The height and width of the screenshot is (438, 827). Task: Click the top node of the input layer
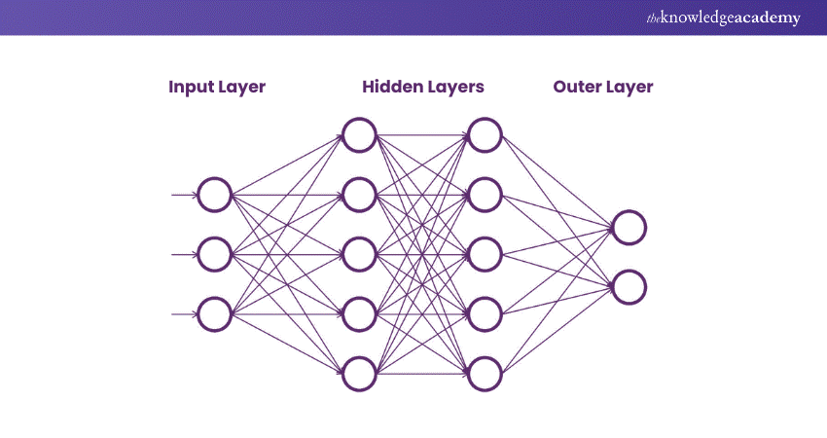(214, 195)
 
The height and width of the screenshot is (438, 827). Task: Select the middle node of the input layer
(214, 254)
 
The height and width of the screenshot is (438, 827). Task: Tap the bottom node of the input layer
(214, 313)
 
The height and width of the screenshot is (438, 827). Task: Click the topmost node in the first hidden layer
(359, 135)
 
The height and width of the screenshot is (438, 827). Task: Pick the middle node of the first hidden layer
(359, 254)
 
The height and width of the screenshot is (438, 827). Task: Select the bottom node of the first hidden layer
(359, 373)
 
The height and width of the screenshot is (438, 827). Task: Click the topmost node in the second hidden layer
(485, 135)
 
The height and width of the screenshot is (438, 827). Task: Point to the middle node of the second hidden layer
(485, 254)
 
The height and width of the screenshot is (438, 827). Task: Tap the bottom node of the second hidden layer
(485, 373)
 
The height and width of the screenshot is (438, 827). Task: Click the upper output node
(629, 228)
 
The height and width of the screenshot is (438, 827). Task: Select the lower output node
(629, 287)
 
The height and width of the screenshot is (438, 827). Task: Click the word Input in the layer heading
(190, 88)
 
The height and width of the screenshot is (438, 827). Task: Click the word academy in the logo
(764, 18)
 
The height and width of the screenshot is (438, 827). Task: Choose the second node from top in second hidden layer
(485, 195)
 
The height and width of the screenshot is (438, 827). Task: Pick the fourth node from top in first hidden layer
(359, 313)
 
